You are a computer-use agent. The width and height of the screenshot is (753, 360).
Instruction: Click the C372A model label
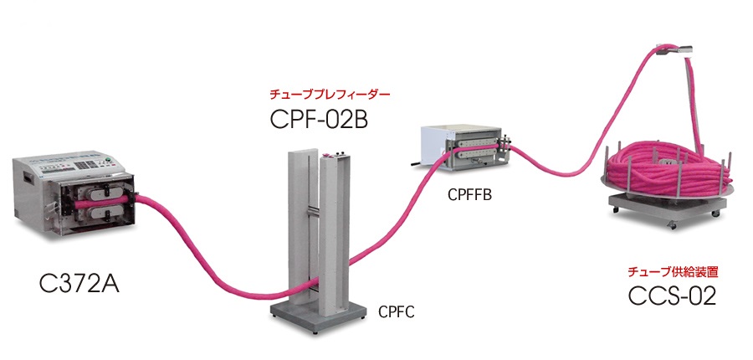(x=79, y=284)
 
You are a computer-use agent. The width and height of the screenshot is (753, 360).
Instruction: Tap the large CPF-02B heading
(x=319, y=120)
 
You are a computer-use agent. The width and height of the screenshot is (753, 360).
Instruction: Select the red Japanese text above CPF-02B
(x=330, y=95)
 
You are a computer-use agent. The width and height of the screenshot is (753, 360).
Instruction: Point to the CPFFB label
(x=469, y=195)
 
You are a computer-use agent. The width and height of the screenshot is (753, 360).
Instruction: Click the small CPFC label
(x=397, y=312)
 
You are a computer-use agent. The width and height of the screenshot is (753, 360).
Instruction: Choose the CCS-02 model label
(x=672, y=296)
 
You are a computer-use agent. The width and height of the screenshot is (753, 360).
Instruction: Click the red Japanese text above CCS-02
(x=674, y=272)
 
